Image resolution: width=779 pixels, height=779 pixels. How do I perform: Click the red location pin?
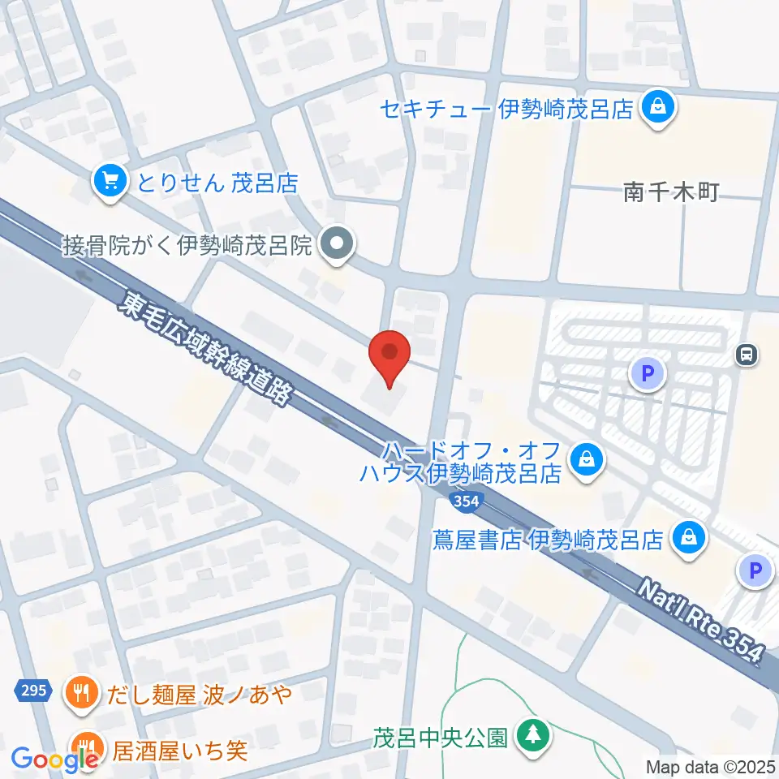pos(389,358)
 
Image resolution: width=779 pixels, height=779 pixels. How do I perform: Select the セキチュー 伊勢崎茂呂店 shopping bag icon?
pos(658,108)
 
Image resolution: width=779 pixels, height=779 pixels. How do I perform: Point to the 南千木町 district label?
pos(671,192)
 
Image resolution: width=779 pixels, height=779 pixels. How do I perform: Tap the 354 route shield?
pos(467,501)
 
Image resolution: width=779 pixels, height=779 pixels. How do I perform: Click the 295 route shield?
pos(30,691)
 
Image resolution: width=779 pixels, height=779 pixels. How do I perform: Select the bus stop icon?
pos(747,354)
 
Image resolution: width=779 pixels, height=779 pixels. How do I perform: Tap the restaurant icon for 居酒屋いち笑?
pos(87,747)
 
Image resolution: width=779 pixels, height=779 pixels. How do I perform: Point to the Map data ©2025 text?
pos(711,766)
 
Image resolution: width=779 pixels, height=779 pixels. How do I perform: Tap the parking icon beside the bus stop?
pos(648,374)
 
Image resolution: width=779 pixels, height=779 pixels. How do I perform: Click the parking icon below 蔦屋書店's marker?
pos(755,571)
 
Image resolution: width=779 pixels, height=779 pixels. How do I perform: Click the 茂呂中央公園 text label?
pos(441,738)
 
